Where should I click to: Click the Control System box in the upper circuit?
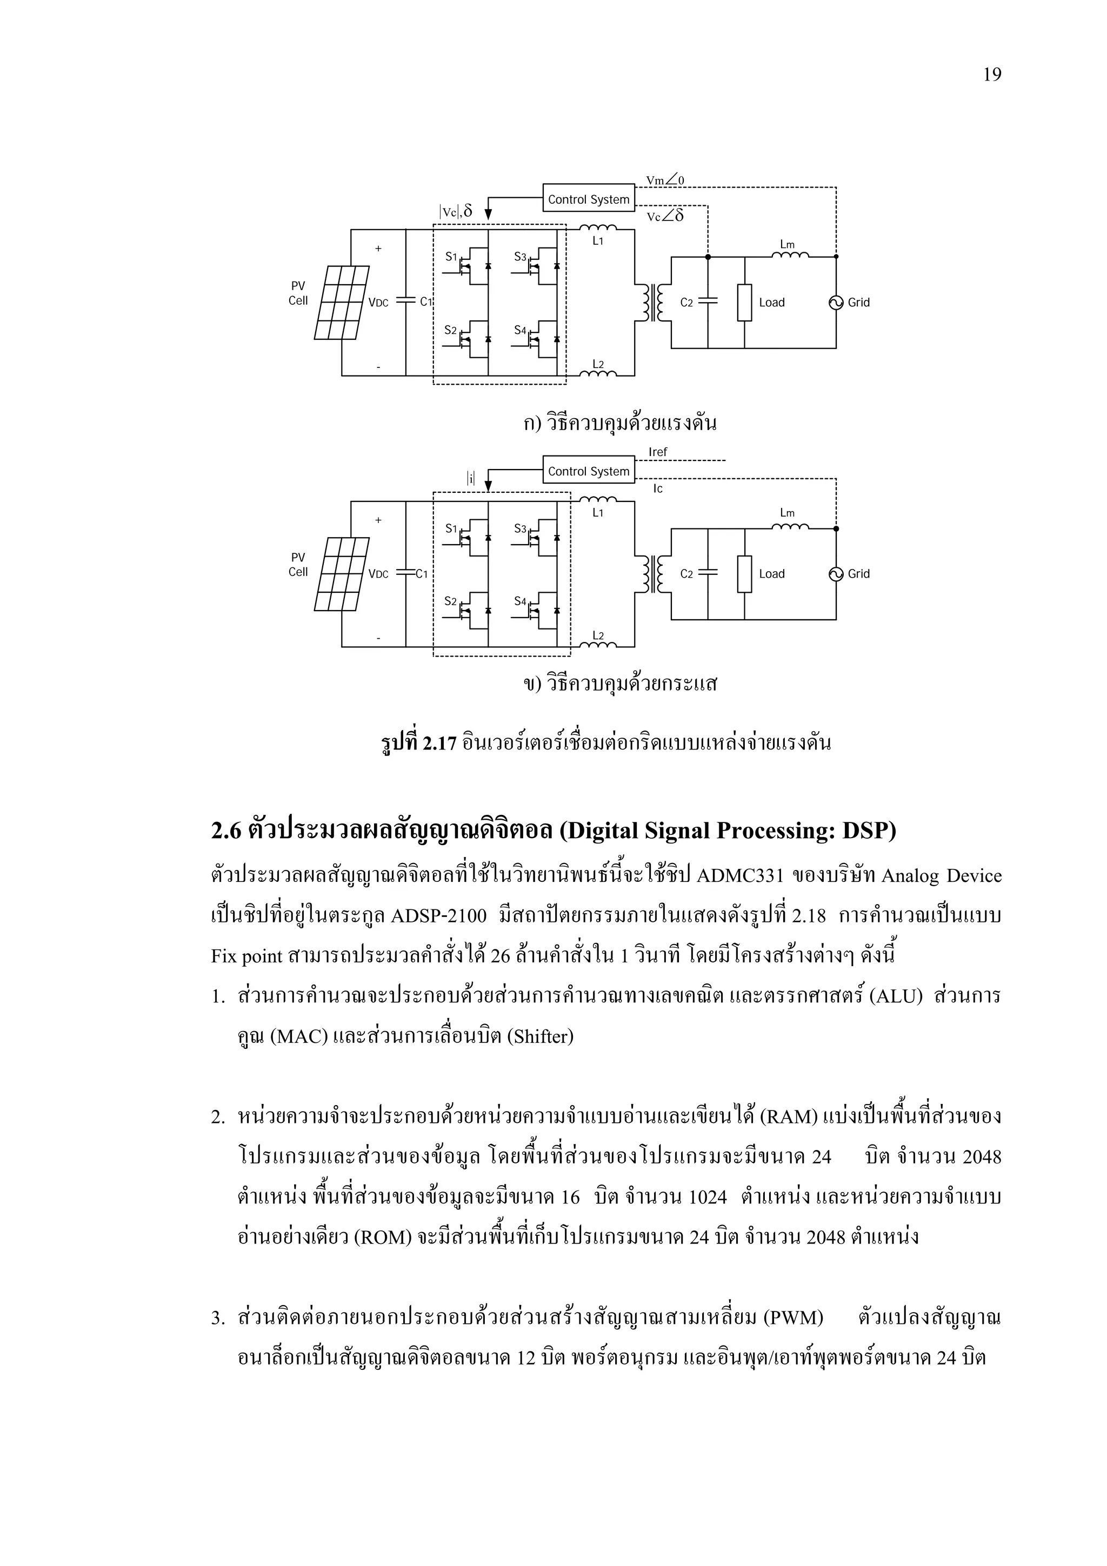(x=588, y=199)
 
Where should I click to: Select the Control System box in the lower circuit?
(x=588, y=471)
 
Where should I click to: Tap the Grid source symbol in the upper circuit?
(x=836, y=302)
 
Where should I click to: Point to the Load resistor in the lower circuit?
(x=744, y=574)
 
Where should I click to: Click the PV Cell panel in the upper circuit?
(x=342, y=302)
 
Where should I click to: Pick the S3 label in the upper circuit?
(x=521, y=257)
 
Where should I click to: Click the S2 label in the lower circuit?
(x=450, y=601)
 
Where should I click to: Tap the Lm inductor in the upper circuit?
(x=790, y=255)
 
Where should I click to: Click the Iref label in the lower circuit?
(x=657, y=452)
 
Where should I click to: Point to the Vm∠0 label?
(x=665, y=180)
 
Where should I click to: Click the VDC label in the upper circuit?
(x=378, y=303)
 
